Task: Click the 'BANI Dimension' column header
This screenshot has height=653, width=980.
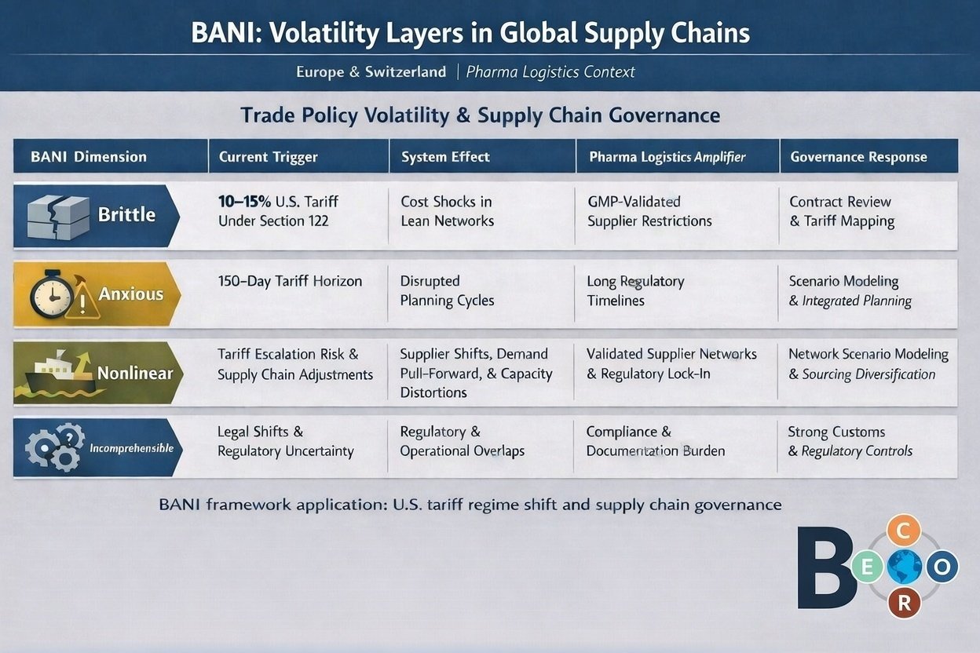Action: click(x=89, y=157)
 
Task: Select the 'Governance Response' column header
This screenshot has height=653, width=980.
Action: click(x=858, y=157)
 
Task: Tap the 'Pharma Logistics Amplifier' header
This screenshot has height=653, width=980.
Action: click(x=667, y=157)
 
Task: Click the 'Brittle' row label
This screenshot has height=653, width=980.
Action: click(x=126, y=214)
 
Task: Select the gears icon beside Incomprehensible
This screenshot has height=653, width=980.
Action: click(x=54, y=447)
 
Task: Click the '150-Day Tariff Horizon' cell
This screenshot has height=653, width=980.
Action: click(x=290, y=281)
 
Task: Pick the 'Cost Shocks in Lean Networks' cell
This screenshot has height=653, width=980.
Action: click(x=447, y=211)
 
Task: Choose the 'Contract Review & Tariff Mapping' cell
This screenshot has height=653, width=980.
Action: click(x=841, y=211)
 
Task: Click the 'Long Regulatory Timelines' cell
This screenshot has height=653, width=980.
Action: click(x=635, y=290)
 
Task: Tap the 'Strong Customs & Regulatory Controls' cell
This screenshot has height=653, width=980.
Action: click(x=850, y=441)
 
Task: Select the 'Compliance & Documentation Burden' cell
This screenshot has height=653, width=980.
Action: click(x=656, y=441)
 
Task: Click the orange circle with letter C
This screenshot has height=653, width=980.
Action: click(x=903, y=531)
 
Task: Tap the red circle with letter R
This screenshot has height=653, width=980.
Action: click(x=905, y=603)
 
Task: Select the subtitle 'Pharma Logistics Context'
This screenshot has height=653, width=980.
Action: click(x=550, y=72)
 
